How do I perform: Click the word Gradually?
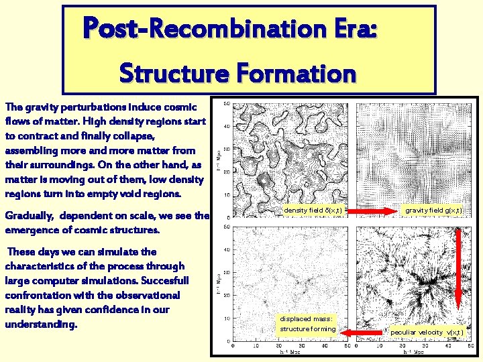click(x=33, y=216)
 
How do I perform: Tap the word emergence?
click(x=36, y=230)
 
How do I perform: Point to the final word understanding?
click(x=44, y=324)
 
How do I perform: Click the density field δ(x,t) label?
click(x=313, y=210)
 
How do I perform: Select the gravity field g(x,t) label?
click(x=433, y=210)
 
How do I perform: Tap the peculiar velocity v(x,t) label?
click(x=426, y=332)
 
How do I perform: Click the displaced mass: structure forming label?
click(x=307, y=324)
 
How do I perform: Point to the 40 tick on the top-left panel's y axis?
click(x=227, y=126)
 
